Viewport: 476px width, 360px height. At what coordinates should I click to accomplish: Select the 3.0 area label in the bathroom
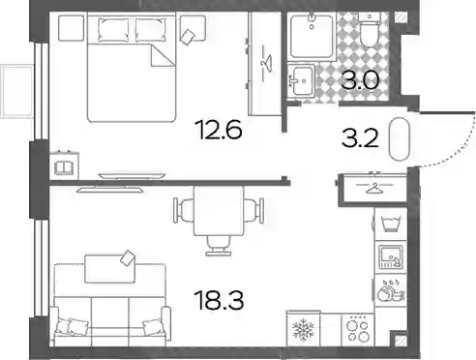click(x=360, y=80)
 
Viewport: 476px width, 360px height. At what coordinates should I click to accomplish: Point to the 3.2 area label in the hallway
click(x=360, y=139)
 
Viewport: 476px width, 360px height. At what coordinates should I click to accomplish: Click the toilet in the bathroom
click(x=370, y=34)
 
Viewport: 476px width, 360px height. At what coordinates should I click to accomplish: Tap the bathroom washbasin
click(x=300, y=79)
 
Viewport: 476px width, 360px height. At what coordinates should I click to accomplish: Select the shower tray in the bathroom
click(x=312, y=37)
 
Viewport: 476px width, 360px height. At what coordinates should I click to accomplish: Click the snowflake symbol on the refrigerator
click(x=303, y=330)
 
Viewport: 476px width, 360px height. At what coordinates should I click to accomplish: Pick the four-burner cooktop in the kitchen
click(x=357, y=329)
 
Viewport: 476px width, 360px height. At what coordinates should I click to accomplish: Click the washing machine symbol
click(x=391, y=225)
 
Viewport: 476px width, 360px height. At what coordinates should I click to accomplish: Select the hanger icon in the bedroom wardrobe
click(x=266, y=63)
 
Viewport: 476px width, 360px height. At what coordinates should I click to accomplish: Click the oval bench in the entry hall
click(x=400, y=139)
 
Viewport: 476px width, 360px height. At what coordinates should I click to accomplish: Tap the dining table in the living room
click(x=219, y=211)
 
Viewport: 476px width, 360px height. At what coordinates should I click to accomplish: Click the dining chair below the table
click(x=219, y=246)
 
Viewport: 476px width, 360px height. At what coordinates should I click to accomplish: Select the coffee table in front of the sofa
click(x=109, y=269)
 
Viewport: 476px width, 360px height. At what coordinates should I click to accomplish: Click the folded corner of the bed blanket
click(x=162, y=56)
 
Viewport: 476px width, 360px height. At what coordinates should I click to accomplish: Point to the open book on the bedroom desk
click(x=64, y=167)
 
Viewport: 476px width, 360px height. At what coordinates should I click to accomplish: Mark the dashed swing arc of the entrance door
click(x=457, y=147)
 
